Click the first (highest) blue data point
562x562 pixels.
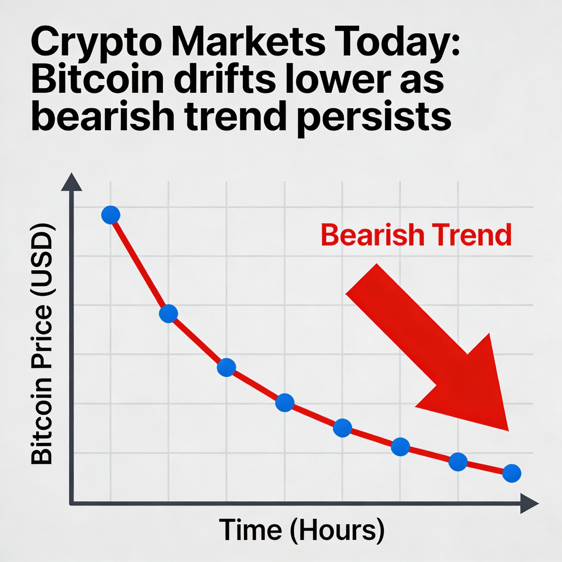pos(111,215)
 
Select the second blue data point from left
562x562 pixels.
pos(168,314)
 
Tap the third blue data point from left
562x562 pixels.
pos(226,367)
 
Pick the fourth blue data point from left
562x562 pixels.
pos(285,403)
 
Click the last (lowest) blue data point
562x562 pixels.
pos(512,473)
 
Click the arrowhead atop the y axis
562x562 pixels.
pos(72,183)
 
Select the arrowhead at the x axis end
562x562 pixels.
pos(529,503)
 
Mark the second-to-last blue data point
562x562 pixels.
pos(458,462)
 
